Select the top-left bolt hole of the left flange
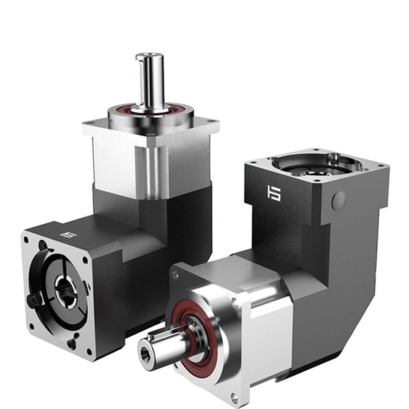point(26,239)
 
